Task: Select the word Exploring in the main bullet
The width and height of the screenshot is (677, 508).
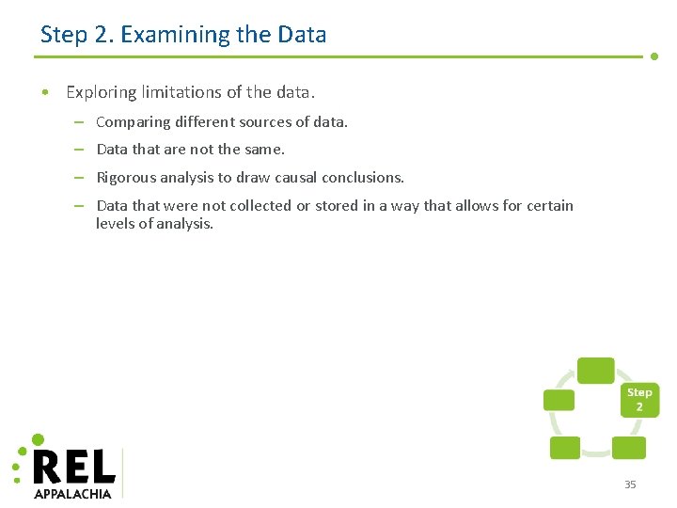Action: tap(101, 92)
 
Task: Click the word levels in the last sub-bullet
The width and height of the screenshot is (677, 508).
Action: tap(116, 224)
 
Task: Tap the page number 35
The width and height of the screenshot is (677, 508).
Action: tap(630, 484)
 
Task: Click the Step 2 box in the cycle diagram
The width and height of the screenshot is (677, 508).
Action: tap(639, 400)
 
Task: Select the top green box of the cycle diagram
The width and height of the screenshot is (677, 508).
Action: tap(595, 371)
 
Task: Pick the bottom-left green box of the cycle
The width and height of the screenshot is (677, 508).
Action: tap(564, 448)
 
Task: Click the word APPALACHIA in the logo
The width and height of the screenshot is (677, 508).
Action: tap(72, 493)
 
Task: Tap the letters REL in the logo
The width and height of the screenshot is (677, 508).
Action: tap(73, 466)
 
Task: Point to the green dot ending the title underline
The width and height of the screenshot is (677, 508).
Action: tap(654, 56)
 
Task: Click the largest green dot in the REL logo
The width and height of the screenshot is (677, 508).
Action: tap(38, 439)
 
